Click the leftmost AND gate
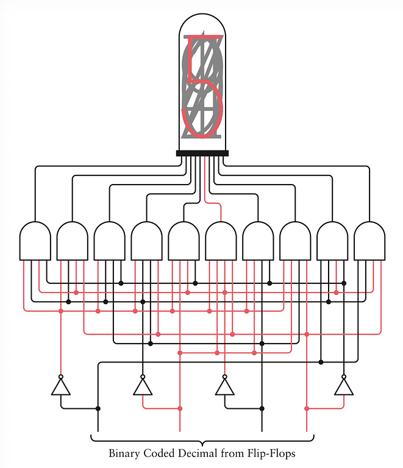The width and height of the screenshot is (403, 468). [35, 241]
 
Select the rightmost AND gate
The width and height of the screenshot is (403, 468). [369, 241]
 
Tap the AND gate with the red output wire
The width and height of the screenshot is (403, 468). [221, 241]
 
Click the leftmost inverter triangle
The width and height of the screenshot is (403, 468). [61, 388]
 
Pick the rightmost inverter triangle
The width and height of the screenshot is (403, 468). [344, 388]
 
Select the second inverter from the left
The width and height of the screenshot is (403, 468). [143, 388]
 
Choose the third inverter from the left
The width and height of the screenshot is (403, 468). [225, 388]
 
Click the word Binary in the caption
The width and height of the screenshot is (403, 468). [124, 453]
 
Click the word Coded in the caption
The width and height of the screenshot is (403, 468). [159, 453]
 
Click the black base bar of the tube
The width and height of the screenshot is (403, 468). [202, 153]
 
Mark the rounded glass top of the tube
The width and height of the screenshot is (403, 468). [202, 14]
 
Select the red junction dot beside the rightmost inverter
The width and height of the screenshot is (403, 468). [307, 409]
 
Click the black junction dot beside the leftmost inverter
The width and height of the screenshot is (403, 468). [98, 409]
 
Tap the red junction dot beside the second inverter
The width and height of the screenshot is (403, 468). [180, 409]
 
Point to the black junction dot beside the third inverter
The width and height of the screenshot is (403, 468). [262, 409]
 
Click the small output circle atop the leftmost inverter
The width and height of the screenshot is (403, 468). [61, 377]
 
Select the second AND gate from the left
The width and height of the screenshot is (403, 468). [72, 241]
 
